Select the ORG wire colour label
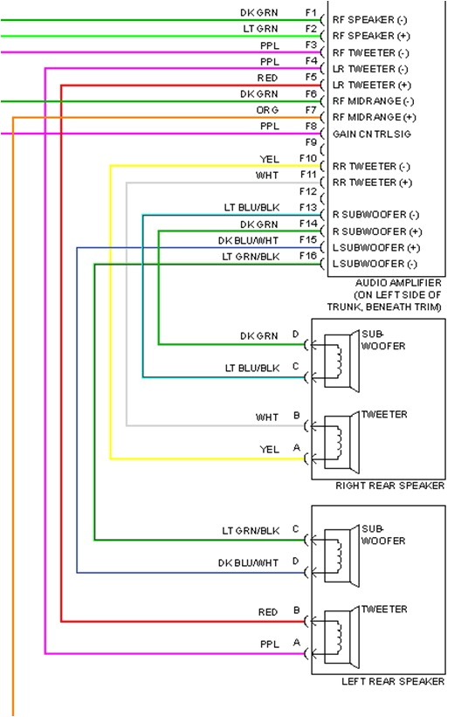267,110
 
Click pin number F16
307,257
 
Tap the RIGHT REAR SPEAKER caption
389,486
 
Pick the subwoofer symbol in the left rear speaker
337,553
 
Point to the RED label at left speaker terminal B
268,612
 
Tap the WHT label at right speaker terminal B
267,417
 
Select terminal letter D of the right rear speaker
295,334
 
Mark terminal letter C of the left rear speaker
295,529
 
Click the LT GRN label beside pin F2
260,29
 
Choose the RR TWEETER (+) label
370,183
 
